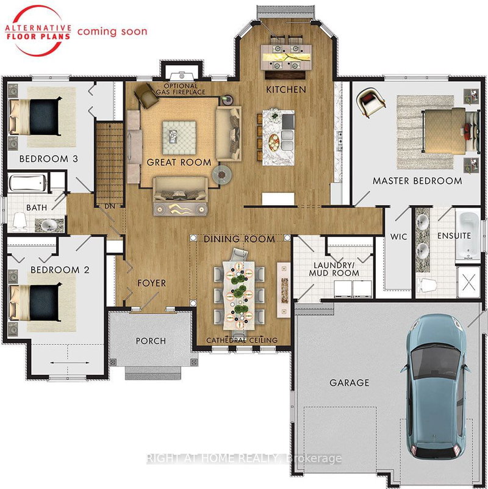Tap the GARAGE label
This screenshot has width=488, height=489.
click(350, 383)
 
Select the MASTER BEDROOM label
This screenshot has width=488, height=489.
click(417, 181)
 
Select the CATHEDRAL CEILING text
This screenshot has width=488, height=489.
click(242, 340)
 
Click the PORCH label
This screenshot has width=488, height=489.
click(151, 341)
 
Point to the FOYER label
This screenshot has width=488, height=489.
click(151, 283)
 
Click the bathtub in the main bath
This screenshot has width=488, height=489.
click(27, 183)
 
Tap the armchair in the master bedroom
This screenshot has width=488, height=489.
click(370, 100)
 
